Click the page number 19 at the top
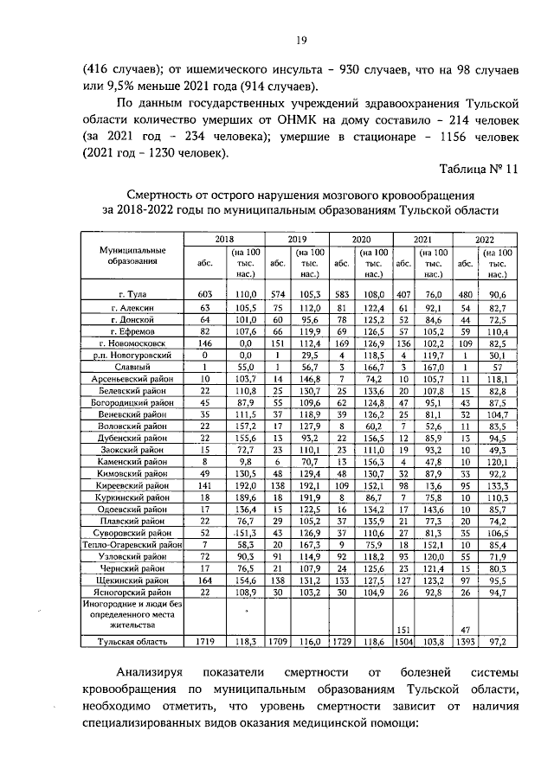(301, 40)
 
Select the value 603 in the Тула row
(204, 294)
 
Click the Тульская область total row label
(131, 641)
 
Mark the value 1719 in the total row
(204, 641)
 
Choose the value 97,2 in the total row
(496, 641)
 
